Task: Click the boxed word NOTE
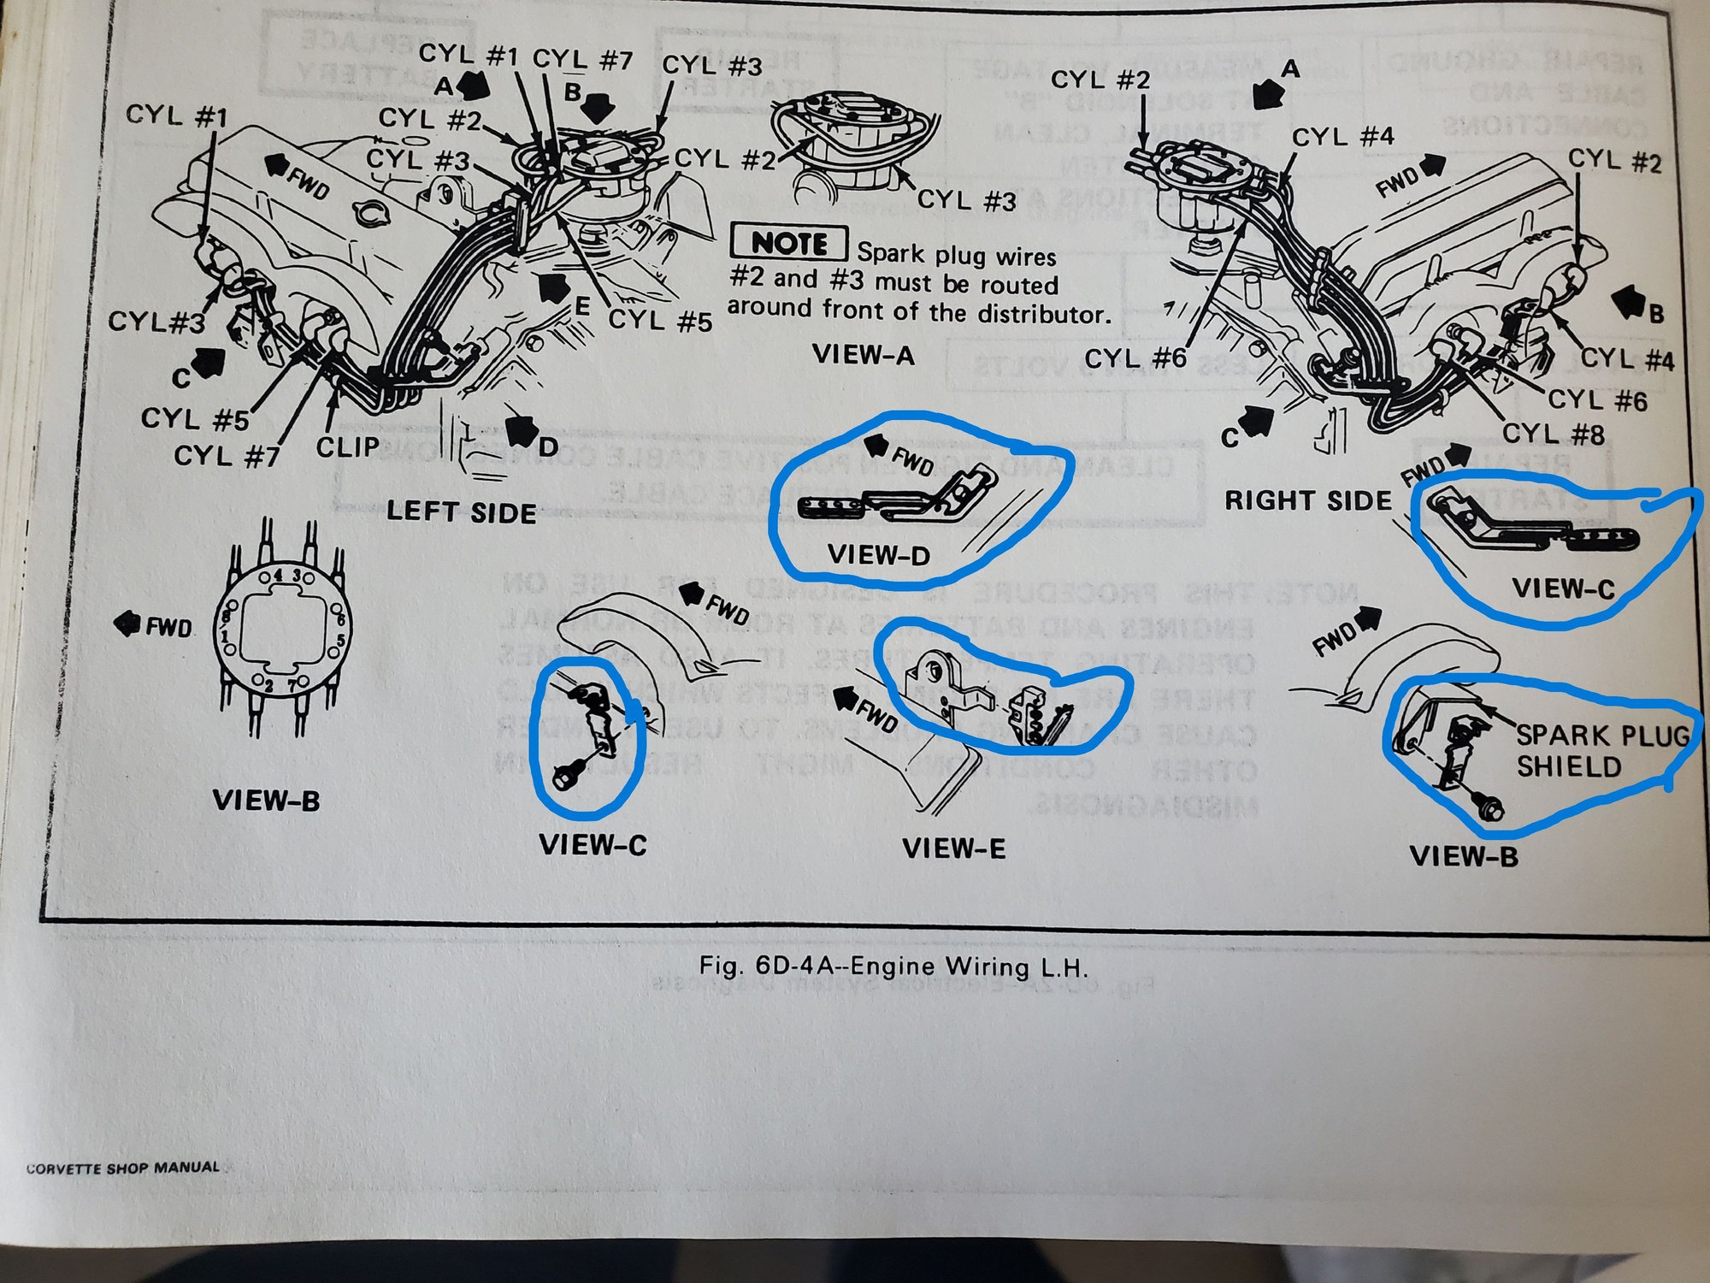point(789,243)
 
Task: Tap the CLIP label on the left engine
point(347,446)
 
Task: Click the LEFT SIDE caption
point(461,511)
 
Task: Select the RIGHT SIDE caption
point(1308,500)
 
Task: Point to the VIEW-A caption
point(864,354)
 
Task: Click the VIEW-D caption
point(878,555)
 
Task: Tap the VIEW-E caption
point(953,848)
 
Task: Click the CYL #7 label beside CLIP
point(227,456)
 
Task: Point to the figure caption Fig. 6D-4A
point(893,967)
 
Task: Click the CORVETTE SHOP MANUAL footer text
point(123,1168)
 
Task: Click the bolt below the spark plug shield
point(1493,809)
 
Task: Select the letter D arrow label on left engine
point(547,446)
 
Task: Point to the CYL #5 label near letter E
point(659,321)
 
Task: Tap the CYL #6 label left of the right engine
point(1135,358)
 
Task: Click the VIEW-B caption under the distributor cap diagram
point(266,801)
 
